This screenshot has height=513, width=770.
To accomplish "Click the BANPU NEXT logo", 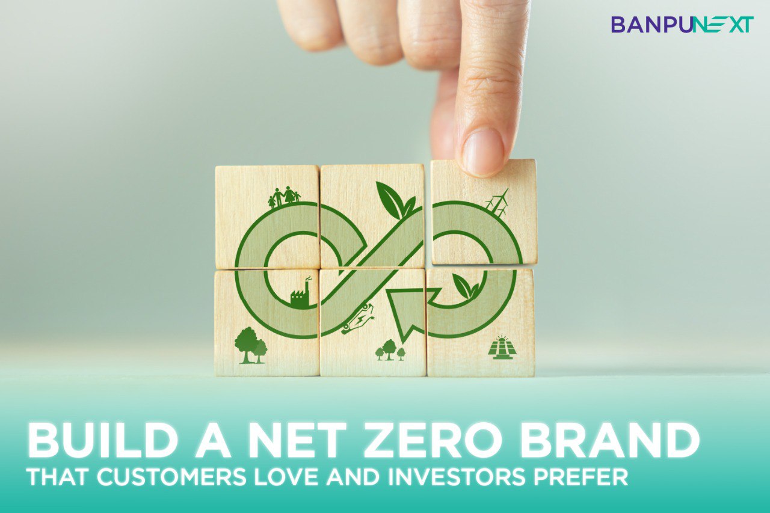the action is (x=682, y=25).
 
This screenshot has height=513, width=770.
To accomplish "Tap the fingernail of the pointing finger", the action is (x=482, y=152).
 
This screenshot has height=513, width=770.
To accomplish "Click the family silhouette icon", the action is (x=285, y=197).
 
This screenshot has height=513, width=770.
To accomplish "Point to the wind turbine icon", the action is (x=497, y=202).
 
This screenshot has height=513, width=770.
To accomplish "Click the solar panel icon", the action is (x=502, y=348).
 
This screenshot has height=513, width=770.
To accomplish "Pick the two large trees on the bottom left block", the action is (x=251, y=345).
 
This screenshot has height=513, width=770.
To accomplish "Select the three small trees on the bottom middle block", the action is (x=390, y=350).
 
